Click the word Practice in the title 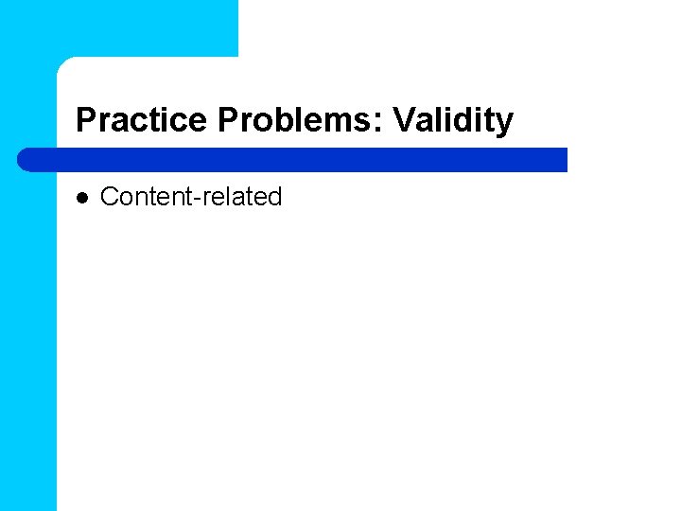click(142, 120)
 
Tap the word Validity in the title click(453, 120)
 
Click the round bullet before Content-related click(81, 198)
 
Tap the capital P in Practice click(85, 120)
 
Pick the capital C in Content click(109, 197)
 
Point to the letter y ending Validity click(505, 123)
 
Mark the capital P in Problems click(227, 120)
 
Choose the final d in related click(274, 197)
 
